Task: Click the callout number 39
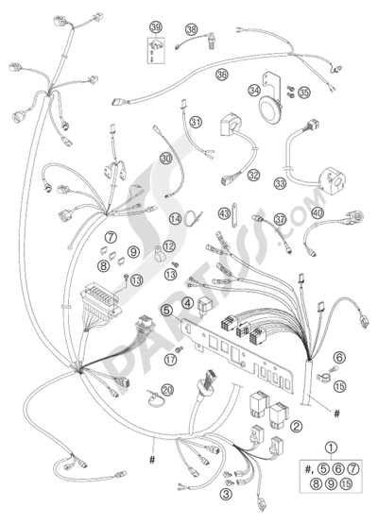click(x=156, y=27)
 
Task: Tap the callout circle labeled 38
click(x=192, y=30)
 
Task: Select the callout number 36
click(x=222, y=74)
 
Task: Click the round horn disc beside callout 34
click(x=270, y=109)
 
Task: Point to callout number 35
click(x=303, y=93)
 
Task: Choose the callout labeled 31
click(x=197, y=123)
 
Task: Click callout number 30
click(x=165, y=158)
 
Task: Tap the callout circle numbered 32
click(x=254, y=175)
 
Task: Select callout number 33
click(x=280, y=183)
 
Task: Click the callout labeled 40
click(x=318, y=212)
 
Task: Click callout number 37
click(x=281, y=220)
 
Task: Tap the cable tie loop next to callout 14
click(x=193, y=219)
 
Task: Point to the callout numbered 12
click(x=169, y=246)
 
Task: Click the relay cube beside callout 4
click(x=203, y=305)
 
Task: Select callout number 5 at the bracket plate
click(x=166, y=311)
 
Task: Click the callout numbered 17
click(x=170, y=360)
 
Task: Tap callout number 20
click(x=167, y=390)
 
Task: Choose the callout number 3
click(x=226, y=494)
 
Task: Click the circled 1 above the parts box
click(x=331, y=448)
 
